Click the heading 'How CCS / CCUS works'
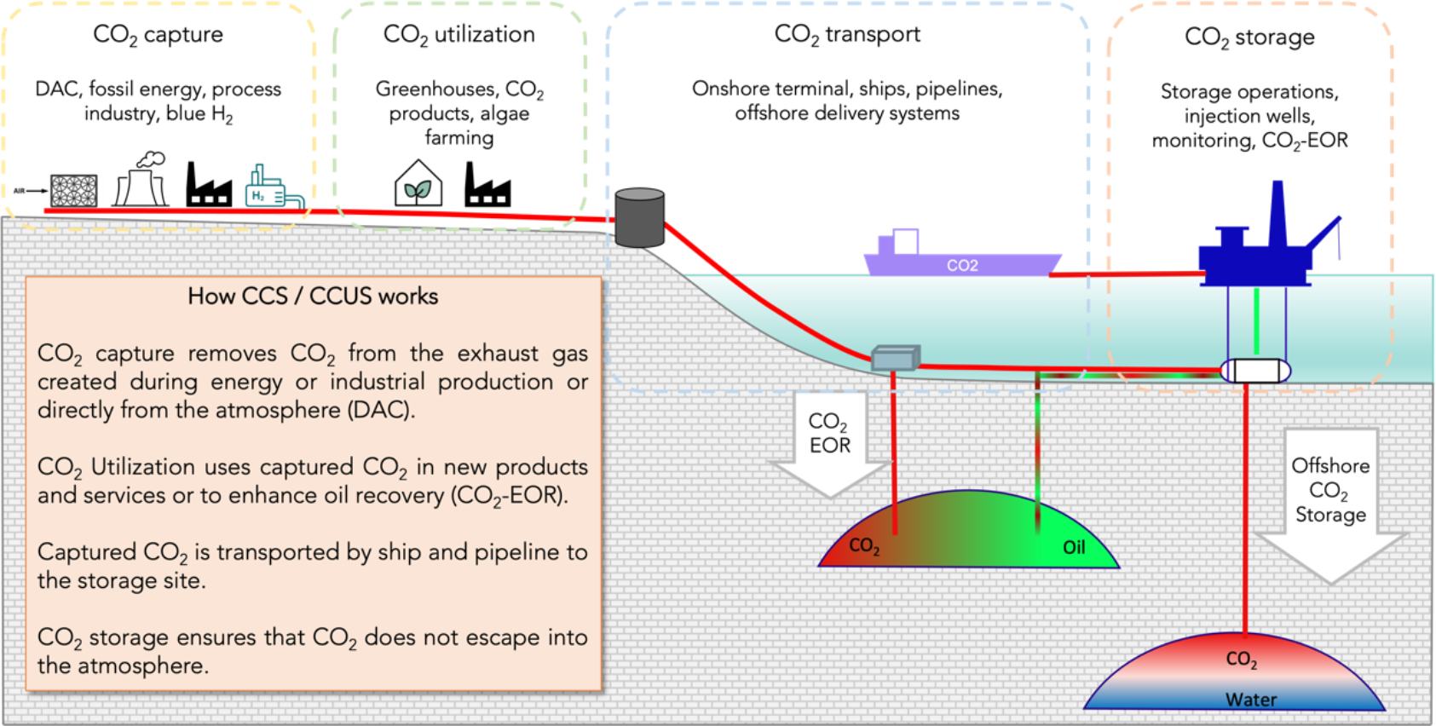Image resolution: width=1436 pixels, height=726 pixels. (313, 297)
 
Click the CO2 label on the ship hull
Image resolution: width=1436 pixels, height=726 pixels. (962, 266)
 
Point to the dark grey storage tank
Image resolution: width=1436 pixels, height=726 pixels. (639, 218)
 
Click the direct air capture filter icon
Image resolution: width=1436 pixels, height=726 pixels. (74, 191)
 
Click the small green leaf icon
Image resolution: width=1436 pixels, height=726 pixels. (418, 189)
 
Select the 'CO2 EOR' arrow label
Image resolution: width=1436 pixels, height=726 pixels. (829, 434)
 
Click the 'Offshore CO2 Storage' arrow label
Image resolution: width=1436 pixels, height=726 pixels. (1330, 490)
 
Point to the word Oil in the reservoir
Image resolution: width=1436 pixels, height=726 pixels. (1074, 547)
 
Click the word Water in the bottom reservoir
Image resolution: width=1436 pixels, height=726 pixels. (1251, 700)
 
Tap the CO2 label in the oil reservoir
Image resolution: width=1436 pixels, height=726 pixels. (864, 546)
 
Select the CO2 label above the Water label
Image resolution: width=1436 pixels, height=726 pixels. (1241, 659)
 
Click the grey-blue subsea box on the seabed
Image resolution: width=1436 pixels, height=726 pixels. (895, 358)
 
